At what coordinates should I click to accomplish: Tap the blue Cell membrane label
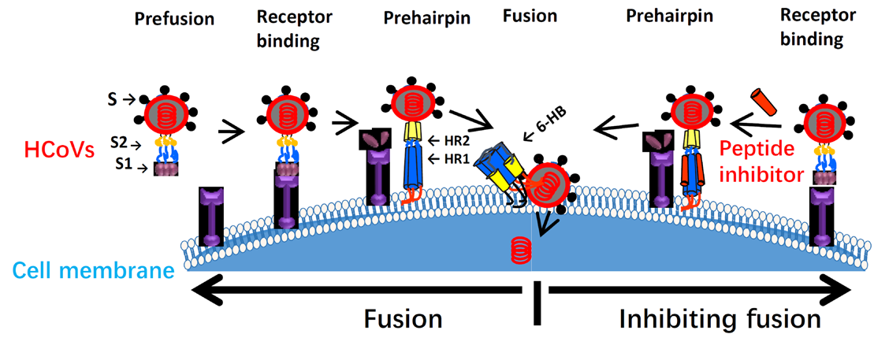click(92, 273)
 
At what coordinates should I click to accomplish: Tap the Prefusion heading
click(174, 20)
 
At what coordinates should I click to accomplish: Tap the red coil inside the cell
click(519, 248)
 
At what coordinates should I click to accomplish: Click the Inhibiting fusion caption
click(720, 319)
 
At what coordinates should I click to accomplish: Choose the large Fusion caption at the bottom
click(404, 319)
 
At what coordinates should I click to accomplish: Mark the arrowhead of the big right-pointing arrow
click(837, 290)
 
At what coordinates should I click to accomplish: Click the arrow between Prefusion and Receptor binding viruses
click(231, 132)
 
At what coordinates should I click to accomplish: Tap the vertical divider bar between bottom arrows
click(537, 303)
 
